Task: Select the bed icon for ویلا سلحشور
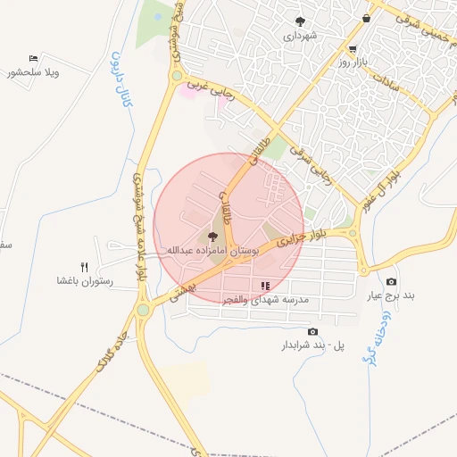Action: tap(33, 58)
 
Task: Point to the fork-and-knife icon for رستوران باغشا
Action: tap(86, 267)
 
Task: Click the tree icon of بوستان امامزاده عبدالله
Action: tap(212, 237)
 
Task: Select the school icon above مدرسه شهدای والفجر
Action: tap(264, 286)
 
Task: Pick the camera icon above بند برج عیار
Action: tap(391, 282)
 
